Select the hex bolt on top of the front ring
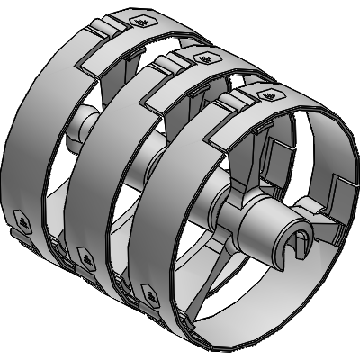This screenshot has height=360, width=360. point(265,94)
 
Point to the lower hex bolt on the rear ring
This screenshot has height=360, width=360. point(21,218)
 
